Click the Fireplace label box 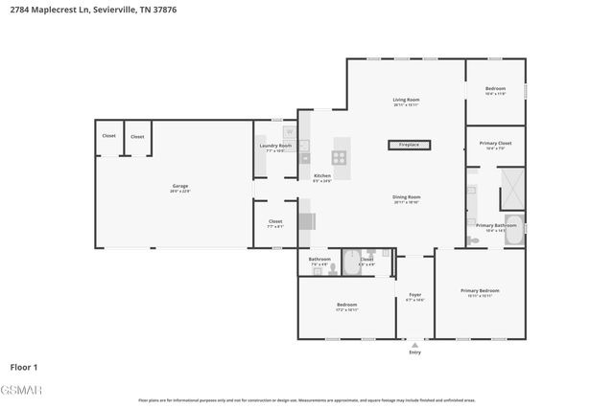[x=409, y=146]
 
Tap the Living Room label [x=407, y=100]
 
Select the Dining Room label [x=407, y=197]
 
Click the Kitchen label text [x=322, y=176]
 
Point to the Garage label [x=180, y=186]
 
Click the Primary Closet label [x=496, y=144]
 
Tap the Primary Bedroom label [x=480, y=290]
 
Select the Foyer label [x=414, y=295]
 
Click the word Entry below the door [x=414, y=352]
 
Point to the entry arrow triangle [x=414, y=343]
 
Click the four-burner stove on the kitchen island [x=341, y=157]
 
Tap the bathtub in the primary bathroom [x=513, y=231]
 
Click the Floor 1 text [x=24, y=367]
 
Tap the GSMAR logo [x=20, y=388]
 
